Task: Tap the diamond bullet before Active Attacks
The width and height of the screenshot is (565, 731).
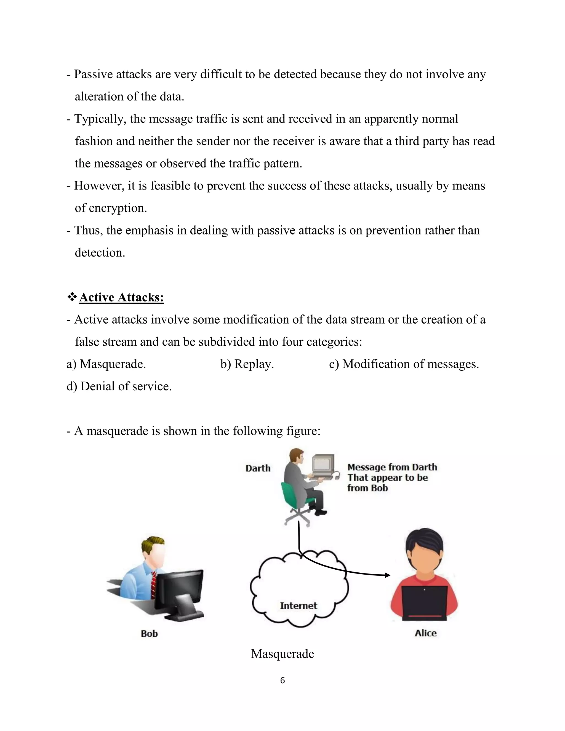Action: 72,297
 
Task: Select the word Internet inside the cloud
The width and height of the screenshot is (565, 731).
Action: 298,605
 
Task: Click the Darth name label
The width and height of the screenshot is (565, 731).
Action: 258,468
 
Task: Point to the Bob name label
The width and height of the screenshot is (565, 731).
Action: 149,634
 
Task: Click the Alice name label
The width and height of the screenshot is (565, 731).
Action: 425,633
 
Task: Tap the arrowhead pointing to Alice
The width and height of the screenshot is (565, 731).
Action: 388,575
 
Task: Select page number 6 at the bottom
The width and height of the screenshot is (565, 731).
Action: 282,681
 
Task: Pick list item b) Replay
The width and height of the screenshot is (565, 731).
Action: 247,364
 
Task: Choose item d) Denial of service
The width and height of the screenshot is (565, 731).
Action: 119,386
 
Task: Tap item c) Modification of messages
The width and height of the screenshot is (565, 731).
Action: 404,364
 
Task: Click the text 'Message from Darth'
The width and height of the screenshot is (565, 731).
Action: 392,467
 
